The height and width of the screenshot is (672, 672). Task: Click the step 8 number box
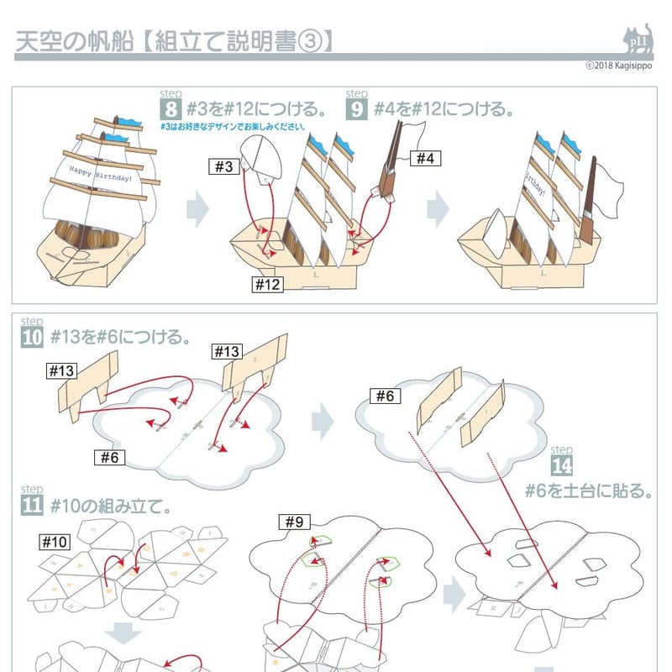click(x=171, y=110)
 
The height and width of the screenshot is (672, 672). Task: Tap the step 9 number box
click(x=357, y=110)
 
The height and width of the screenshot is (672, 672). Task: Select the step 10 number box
click(x=31, y=338)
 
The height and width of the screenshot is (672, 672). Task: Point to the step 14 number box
click(x=561, y=465)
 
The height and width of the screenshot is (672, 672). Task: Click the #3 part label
click(x=223, y=167)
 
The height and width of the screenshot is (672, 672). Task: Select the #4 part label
click(x=425, y=157)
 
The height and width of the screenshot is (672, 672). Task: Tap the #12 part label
click(x=268, y=284)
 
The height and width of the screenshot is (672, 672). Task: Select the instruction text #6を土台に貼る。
click(x=589, y=491)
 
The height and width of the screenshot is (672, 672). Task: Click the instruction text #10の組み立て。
click(x=111, y=507)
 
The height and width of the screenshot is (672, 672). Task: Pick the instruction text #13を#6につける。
click(x=119, y=338)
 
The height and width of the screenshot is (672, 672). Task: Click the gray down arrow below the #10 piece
click(x=125, y=636)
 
